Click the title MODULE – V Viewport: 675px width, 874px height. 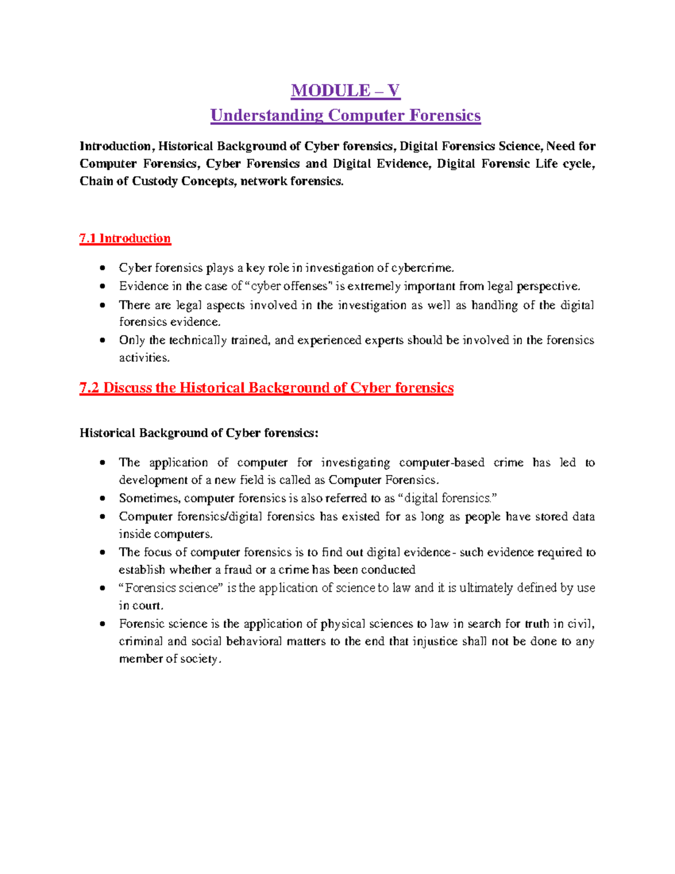point(345,91)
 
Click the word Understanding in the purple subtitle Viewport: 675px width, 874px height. point(267,115)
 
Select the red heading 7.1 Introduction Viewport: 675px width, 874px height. point(125,239)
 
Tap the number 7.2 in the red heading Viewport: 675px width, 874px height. point(89,388)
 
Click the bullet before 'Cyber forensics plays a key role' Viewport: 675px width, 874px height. point(102,268)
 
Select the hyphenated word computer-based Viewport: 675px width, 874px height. point(442,463)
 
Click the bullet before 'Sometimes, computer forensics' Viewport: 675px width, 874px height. point(102,499)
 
